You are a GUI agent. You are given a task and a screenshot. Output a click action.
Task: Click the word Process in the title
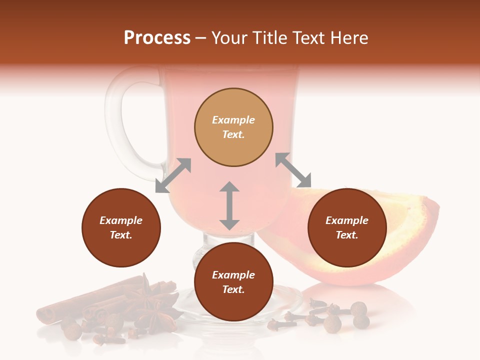coord(157,38)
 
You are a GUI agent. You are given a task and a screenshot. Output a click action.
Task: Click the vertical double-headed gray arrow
coord(229,205)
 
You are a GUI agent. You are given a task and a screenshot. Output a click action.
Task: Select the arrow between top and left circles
coord(173,175)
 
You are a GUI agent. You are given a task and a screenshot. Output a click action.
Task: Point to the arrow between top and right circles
coord(293,170)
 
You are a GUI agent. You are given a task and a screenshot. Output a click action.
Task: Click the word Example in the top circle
coord(233,120)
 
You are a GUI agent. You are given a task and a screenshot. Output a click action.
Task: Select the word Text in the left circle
coord(121,235)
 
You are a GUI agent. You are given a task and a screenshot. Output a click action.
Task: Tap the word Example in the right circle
coord(347,220)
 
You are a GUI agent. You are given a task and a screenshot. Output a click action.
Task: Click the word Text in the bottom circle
coord(233,289)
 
